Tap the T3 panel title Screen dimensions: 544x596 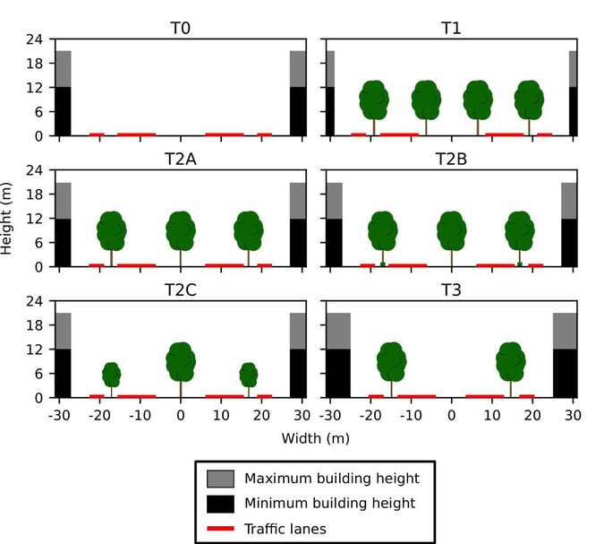click(451, 290)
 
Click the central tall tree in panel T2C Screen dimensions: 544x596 click(181, 362)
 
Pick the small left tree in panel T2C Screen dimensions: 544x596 click(111, 375)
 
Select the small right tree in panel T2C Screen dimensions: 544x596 click(249, 375)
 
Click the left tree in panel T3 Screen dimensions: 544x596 click(391, 362)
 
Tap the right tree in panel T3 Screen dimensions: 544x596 click(510, 362)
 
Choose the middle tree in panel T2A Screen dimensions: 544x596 click(181, 231)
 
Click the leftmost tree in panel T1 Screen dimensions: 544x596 click(374, 100)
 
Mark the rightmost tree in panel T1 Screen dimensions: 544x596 click(529, 100)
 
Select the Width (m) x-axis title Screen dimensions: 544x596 click(315, 439)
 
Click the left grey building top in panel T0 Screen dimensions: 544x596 click(63, 69)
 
